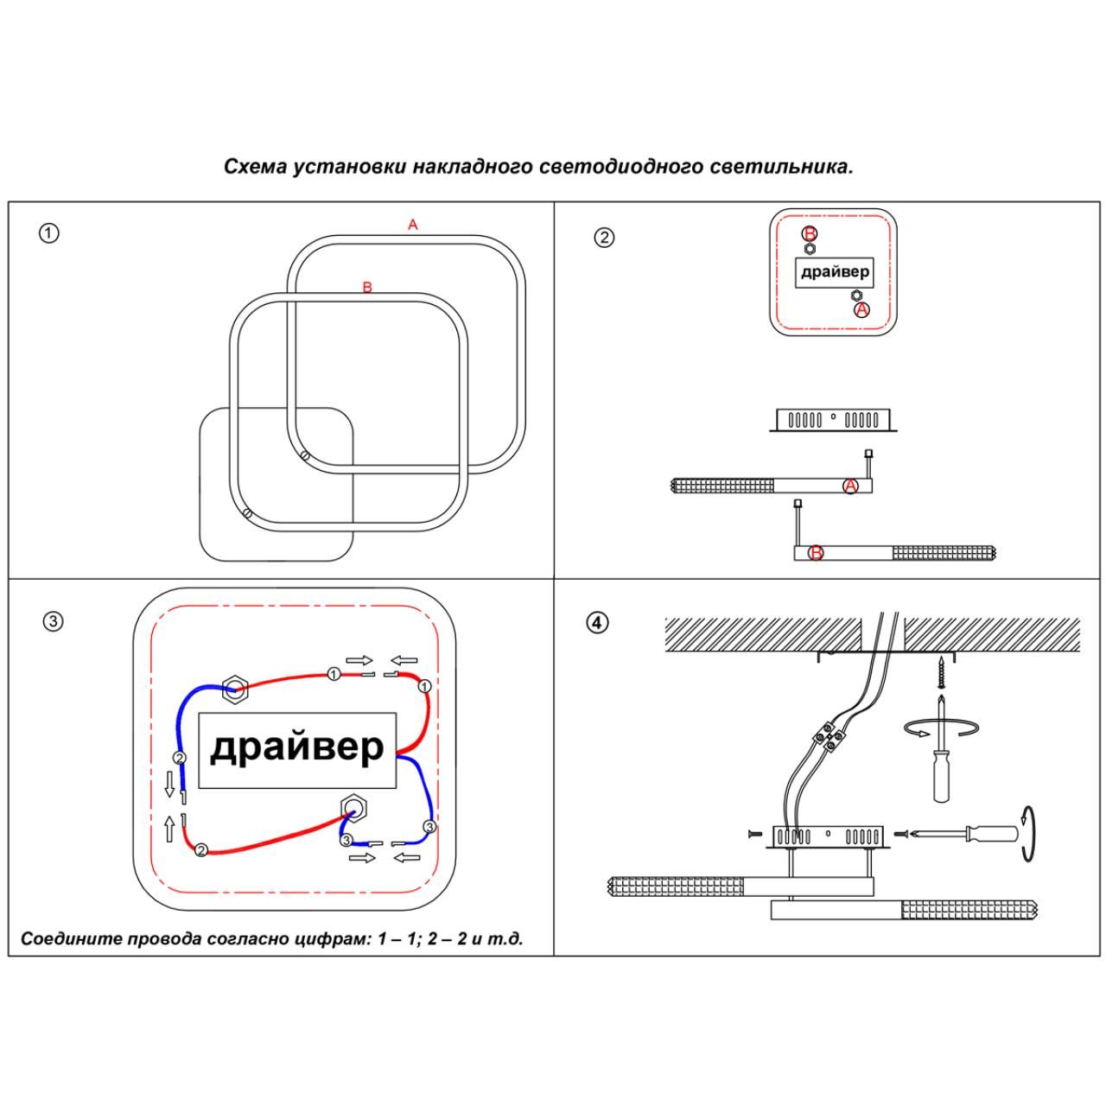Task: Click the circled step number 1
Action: (x=49, y=233)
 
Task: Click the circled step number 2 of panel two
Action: (x=605, y=238)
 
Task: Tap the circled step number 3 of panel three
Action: (x=53, y=622)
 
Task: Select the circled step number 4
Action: (x=597, y=622)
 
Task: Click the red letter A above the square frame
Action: (x=413, y=225)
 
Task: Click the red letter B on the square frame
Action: (x=367, y=287)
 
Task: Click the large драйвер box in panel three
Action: (x=297, y=750)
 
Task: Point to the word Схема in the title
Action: (x=256, y=167)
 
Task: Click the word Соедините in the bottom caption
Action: (x=71, y=938)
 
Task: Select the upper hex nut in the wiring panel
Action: (x=235, y=689)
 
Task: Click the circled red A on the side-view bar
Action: (x=850, y=486)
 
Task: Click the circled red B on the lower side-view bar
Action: (x=816, y=553)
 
